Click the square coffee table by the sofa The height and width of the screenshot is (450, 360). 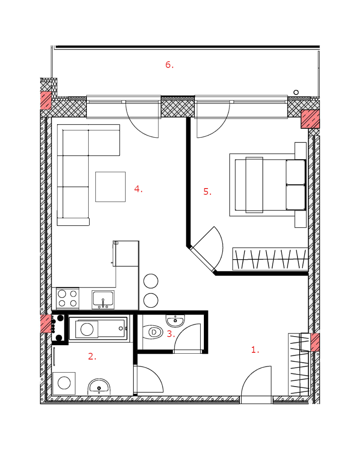coord(111,187)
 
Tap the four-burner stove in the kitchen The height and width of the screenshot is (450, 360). coord(68,298)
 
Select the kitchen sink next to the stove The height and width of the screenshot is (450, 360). coord(103,300)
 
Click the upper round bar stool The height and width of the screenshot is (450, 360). coord(151,281)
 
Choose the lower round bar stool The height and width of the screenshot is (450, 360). coord(151,301)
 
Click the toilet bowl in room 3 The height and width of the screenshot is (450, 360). coord(153,332)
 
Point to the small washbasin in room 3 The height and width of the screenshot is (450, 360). coord(175,320)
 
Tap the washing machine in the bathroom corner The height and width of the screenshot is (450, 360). coord(64,383)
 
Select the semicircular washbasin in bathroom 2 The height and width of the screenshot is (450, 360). coord(99,387)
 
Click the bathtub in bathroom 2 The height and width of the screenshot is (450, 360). coord(98,328)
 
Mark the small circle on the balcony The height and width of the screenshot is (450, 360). coord(296,92)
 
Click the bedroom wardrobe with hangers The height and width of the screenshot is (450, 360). coord(270,259)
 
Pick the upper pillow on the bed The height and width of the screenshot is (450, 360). coord(295,172)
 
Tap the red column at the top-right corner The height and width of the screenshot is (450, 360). coord(310,119)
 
